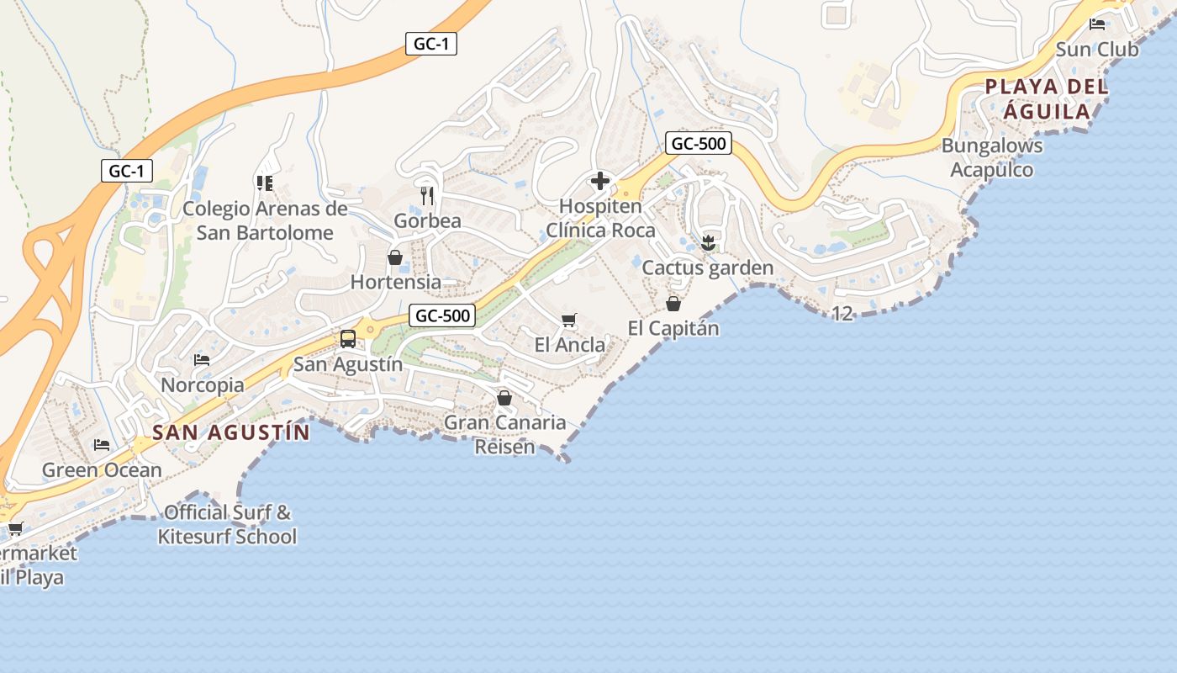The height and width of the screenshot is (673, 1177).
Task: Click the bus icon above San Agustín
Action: click(x=347, y=339)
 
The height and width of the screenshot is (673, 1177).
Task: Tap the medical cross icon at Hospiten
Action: click(x=600, y=181)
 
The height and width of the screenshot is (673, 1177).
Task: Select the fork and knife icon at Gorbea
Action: click(x=427, y=196)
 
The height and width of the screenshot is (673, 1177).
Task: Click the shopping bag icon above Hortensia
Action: click(x=395, y=257)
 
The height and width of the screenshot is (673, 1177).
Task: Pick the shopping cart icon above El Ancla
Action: click(x=569, y=320)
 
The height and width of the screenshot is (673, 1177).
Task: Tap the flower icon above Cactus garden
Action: click(x=708, y=243)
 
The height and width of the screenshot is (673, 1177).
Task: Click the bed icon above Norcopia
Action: click(x=202, y=360)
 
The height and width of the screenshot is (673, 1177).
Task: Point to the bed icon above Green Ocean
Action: click(x=102, y=444)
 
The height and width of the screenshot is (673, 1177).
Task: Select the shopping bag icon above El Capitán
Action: click(x=673, y=303)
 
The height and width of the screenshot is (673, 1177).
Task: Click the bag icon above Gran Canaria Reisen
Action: click(x=504, y=397)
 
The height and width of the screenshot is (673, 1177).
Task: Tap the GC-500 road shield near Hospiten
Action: click(x=699, y=144)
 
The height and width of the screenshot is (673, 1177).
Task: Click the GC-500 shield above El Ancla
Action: click(x=443, y=316)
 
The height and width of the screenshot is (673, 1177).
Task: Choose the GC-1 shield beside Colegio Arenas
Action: click(x=127, y=172)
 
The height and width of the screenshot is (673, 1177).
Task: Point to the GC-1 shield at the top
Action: click(x=431, y=45)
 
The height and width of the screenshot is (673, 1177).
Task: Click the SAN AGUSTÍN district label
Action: click(x=231, y=433)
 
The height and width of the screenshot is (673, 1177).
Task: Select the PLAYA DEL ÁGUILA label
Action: click(x=1047, y=98)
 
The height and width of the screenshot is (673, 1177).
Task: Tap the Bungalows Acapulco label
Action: click(x=992, y=157)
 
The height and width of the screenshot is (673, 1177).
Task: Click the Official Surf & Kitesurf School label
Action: click(x=227, y=524)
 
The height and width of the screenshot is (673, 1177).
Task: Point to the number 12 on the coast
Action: click(x=842, y=314)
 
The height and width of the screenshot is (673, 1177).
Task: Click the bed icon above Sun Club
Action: click(x=1097, y=24)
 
